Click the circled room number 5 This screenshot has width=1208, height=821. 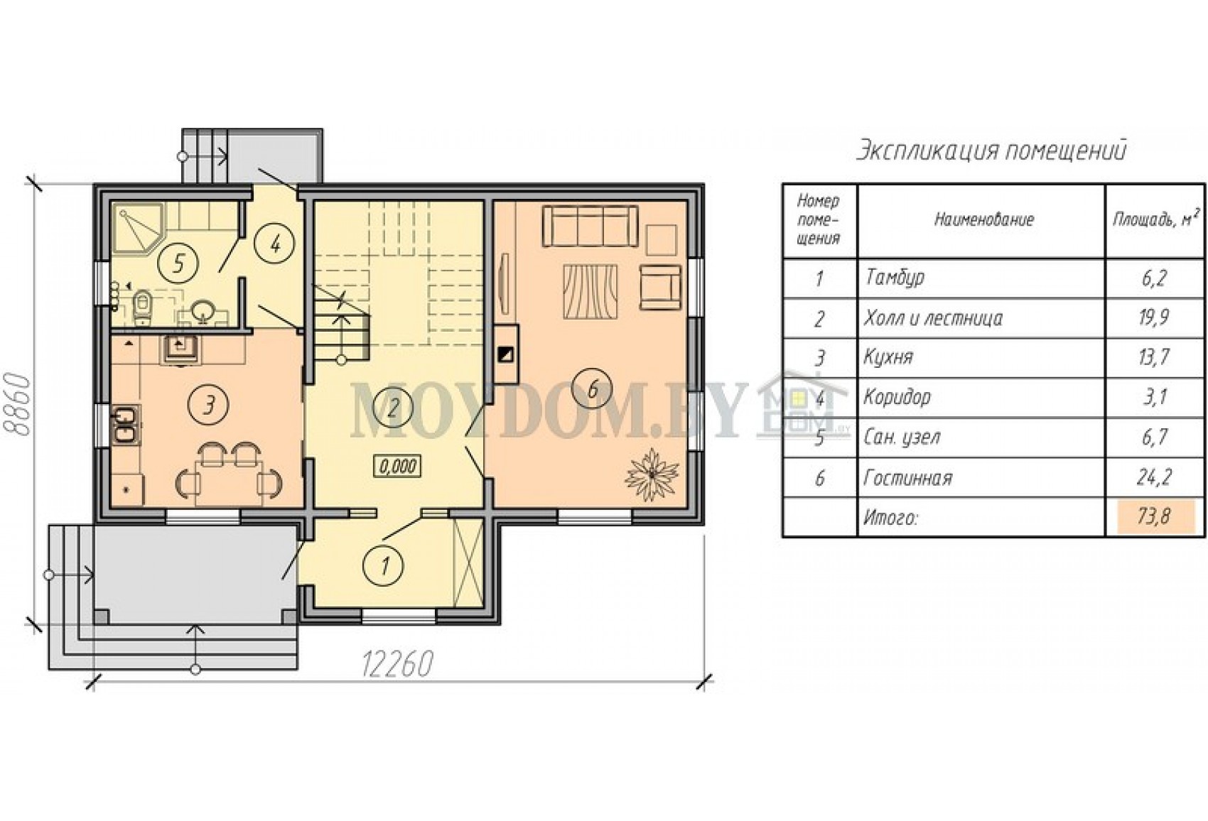179,264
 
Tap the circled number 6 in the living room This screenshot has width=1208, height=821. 593,388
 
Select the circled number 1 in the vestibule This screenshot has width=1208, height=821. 384,566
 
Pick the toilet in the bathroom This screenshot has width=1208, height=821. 142,305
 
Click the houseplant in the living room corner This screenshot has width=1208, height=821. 652,474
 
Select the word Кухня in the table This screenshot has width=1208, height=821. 888,357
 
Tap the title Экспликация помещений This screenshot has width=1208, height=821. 991,151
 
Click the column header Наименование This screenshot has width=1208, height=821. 983,220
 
